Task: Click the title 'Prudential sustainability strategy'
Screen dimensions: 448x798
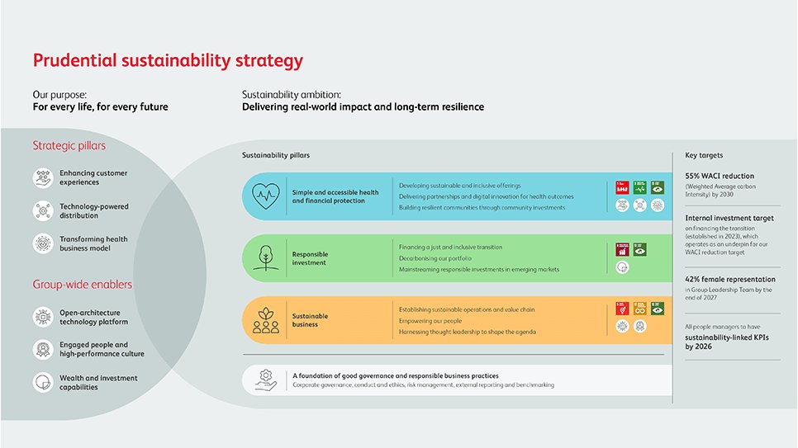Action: click(168, 60)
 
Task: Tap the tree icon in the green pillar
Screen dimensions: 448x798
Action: click(266, 257)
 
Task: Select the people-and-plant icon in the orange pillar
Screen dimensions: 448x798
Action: click(266, 319)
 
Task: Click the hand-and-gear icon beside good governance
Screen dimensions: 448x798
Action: click(265, 380)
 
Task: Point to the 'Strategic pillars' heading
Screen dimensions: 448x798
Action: click(69, 146)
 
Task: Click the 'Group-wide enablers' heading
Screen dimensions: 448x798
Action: click(83, 285)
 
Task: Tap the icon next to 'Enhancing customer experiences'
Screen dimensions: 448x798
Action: click(43, 178)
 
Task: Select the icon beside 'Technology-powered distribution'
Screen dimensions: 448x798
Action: click(43, 211)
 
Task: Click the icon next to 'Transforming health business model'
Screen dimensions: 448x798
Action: click(43, 243)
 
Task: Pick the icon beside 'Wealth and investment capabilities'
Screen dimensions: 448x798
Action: click(43, 382)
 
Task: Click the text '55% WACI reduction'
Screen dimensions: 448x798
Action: click(720, 176)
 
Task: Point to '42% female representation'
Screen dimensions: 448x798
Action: click(730, 280)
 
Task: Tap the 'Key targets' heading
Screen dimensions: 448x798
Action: click(704, 155)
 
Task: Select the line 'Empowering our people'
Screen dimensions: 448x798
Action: click(430, 320)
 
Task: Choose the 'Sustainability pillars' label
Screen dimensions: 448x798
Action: click(276, 155)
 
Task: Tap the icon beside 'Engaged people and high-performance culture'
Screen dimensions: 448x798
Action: click(43, 349)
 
